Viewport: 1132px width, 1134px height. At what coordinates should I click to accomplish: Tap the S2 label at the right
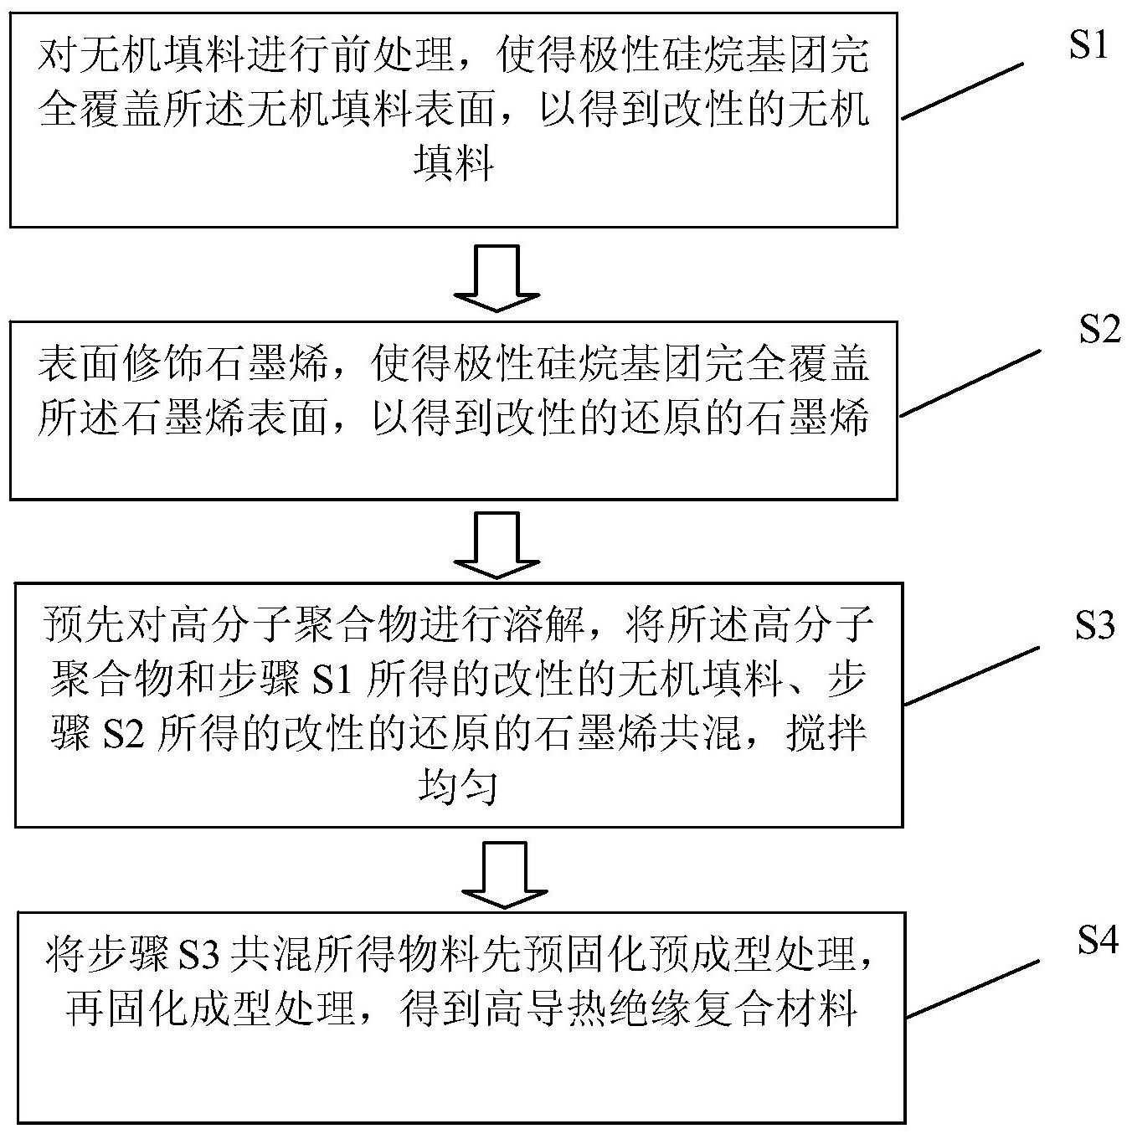point(1099,331)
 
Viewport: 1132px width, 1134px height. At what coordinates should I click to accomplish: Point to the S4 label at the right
point(1098,942)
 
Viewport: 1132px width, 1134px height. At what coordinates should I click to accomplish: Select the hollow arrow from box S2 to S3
point(497,545)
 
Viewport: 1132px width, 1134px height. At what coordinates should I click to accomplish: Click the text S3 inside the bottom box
point(201,955)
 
